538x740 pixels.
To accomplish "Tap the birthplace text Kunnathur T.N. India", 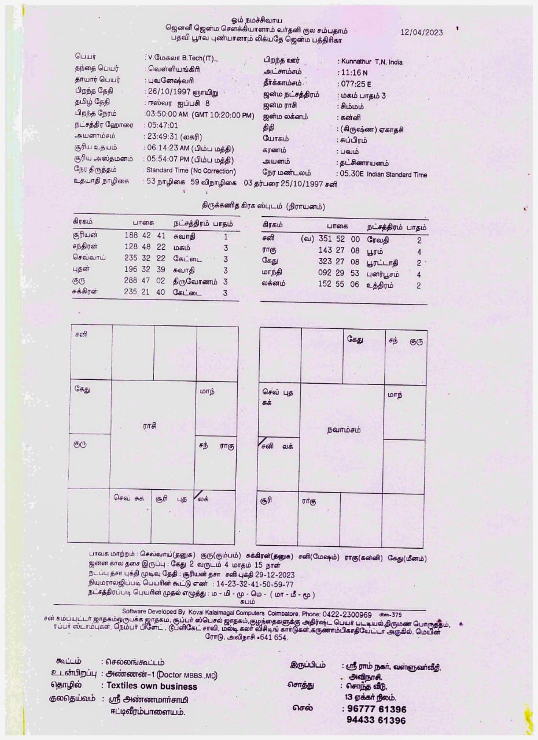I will tap(371, 62).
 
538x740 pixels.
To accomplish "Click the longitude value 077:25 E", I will tap(355, 84).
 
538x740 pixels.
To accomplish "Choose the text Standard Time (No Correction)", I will tap(191, 171).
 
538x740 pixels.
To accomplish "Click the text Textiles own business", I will tap(152, 686).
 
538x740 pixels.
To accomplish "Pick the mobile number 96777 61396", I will tap(376, 709).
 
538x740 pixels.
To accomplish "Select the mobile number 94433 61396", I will tap(376, 720).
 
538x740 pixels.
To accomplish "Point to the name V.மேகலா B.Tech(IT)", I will tap(182, 58).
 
